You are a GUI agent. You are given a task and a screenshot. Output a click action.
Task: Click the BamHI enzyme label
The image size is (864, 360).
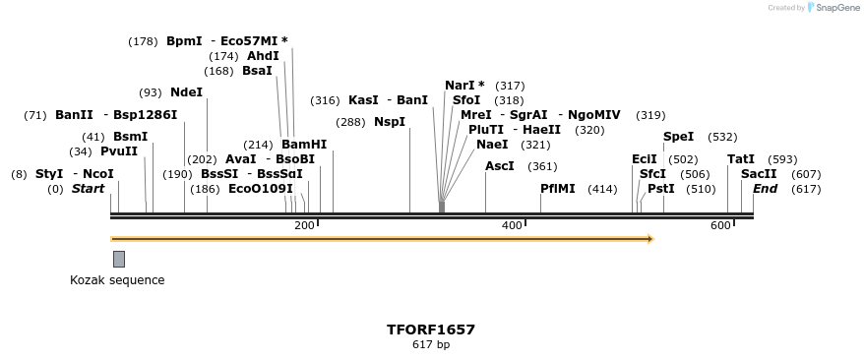tap(304, 144)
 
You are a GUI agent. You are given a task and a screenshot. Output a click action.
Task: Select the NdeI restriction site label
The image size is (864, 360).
tap(186, 92)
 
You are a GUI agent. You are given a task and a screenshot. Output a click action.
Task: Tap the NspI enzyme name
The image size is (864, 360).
tap(390, 122)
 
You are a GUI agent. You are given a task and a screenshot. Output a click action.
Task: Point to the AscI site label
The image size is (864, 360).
tap(500, 166)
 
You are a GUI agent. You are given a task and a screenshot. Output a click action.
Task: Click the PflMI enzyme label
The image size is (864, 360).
tap(558, 189)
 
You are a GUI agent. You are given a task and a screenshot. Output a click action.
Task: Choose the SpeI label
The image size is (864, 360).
tap(679, 137)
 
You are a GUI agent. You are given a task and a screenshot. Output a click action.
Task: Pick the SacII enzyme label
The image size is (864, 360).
tap(759, 174)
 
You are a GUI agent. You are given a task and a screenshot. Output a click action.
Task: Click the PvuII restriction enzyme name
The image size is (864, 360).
tap(119, 151)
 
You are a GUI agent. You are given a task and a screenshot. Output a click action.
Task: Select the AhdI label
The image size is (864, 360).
tap(263, 56)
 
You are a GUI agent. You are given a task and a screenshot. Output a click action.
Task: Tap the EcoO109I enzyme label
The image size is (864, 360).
tap(261, 189)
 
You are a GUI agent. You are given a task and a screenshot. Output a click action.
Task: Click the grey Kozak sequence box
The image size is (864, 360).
tap(119, 259)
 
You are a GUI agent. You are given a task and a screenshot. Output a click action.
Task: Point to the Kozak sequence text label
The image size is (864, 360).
tap(117, 280)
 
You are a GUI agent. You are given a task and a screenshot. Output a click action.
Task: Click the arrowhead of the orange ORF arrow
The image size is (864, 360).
tap(649, 238)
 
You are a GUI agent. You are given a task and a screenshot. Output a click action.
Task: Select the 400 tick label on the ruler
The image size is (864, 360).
tap(512, 226)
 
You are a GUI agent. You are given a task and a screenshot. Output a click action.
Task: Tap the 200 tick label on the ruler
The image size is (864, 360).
tap(304, 226)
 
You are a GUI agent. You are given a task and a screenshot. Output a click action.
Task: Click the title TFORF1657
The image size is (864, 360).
tap(431, 330)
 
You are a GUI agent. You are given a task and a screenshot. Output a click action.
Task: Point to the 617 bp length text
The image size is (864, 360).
tap(431, 344)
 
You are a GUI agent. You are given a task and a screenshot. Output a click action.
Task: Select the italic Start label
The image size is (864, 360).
tap(88, 189)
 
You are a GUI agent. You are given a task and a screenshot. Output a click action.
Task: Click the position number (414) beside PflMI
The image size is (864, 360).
tap(602, 189)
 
